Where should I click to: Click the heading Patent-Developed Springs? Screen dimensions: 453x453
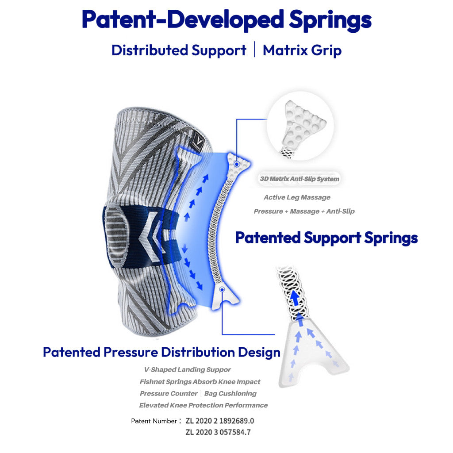(226, 19)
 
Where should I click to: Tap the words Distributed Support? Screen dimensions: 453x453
(179, 50)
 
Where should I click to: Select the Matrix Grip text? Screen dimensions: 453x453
(302, 50)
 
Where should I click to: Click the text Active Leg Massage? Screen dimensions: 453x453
(297, 197)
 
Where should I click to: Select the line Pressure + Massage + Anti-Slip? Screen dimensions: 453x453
(304, 211)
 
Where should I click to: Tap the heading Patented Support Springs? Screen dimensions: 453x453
(326, 238)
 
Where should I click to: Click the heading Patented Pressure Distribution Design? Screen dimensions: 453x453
(161, 353)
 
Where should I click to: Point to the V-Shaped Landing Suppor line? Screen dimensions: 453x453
(188, 369)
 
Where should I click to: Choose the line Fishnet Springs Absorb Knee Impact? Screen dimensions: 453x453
(200, 381)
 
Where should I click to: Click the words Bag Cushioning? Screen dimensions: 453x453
(230, 393)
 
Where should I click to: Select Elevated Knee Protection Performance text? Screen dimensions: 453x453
(203, 405)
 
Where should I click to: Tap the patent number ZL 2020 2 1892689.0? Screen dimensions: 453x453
(220, 421)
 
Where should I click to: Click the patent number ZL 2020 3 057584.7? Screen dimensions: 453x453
(220, 432)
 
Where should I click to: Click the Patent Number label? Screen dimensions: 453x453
(154, 421)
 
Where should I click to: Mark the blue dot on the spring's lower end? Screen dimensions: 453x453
(222, 289)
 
